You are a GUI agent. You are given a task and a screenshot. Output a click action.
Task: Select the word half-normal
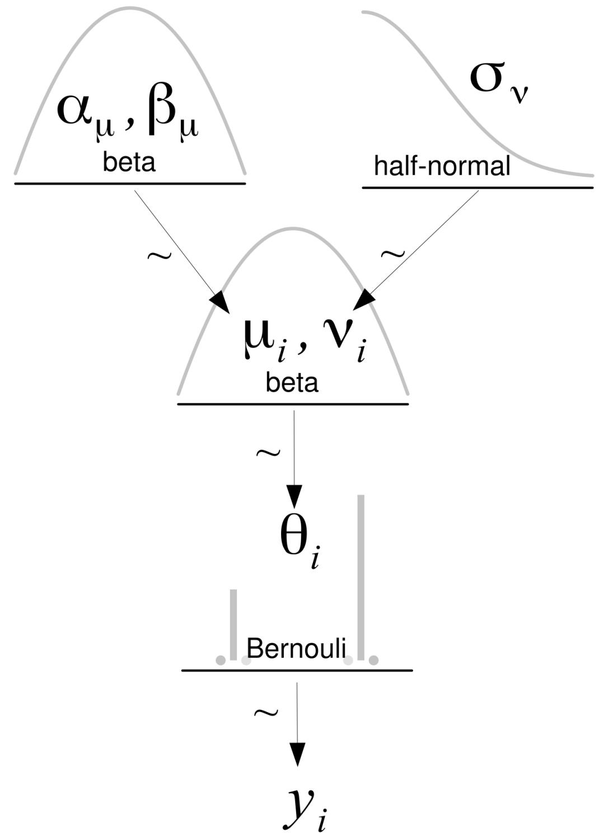[442, 166]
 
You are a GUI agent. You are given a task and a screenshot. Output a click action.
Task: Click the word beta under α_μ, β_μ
[129, 162]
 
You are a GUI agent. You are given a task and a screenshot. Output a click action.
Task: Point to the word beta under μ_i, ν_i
[292, 383]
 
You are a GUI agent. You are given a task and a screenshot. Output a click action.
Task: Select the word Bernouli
[296, 648]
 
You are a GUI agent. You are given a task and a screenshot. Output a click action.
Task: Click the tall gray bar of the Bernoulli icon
[361, 577]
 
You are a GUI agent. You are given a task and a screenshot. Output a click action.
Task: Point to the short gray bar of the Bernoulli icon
[233, 624]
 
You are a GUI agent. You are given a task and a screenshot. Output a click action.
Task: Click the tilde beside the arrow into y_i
[266, 712]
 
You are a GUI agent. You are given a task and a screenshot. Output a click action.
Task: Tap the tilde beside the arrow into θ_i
[268, 452]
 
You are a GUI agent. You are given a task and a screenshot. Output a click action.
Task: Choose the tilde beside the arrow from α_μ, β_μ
[159, 255]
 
